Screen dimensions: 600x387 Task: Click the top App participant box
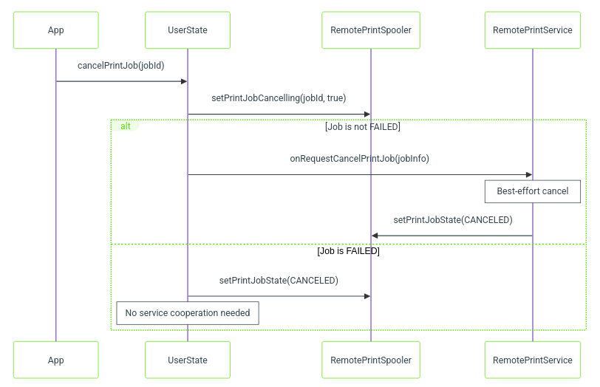56,30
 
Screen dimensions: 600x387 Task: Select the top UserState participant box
188,30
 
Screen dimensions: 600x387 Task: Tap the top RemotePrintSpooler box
371,30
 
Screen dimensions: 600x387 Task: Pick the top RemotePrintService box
533,30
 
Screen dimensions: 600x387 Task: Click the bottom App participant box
56,360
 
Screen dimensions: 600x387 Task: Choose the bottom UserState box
188,360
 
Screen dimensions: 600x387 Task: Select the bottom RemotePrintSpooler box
371,360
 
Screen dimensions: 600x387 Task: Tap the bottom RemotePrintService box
533,360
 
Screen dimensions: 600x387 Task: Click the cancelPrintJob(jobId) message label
121,66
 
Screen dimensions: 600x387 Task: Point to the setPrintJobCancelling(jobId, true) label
279,98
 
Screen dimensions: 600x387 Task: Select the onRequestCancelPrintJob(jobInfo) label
359,159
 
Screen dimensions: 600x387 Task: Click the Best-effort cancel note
533,191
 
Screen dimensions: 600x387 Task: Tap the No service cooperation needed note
188,313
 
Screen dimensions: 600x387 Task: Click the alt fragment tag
126,126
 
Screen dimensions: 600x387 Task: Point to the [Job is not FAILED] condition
362,126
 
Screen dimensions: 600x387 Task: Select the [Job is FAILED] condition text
348,251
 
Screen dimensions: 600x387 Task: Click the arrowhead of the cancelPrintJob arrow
184,81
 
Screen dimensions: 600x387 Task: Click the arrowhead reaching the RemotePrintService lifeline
529,175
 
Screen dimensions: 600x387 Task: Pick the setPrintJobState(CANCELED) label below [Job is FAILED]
279,281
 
